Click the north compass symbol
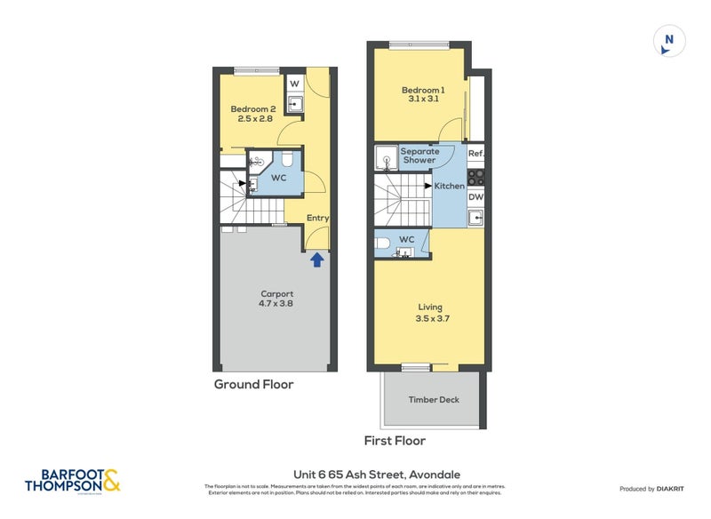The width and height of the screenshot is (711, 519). (x=669, y=41)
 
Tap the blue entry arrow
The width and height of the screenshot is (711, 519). (x=316, y=259)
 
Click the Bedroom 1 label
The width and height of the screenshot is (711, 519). (x=422, y=91)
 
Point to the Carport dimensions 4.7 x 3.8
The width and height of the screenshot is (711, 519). (x=276, y=304)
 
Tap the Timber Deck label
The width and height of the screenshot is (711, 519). (x=434, y=400)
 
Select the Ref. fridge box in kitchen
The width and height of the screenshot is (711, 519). (x=475, y=153)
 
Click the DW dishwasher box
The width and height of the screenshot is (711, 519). (x=475, y=197)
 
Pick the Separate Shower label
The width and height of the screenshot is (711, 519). (x=419, y=156)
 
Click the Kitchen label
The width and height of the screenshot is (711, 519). (x=449, y=186)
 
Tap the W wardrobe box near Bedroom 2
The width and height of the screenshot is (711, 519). (x=295, y=84)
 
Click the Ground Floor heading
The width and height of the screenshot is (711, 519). (x=253, y=385)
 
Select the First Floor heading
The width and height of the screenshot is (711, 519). (x=395, y=441)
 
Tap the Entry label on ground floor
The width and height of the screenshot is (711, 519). (x=317, y=218)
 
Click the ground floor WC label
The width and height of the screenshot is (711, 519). (x=278, y=178)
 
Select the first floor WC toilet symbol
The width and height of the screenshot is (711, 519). (x=381, y=242)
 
